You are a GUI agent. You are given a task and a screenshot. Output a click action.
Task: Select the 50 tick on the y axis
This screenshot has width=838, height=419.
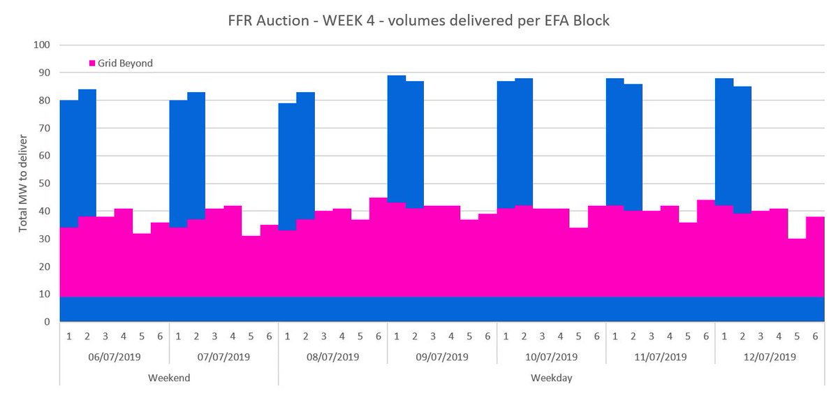45,184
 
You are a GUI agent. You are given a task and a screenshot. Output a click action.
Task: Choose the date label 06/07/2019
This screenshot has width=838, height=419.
114,357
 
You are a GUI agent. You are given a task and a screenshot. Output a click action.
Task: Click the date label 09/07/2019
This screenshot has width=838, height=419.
441,357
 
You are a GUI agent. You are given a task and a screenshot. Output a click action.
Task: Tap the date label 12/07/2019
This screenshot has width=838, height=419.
769,357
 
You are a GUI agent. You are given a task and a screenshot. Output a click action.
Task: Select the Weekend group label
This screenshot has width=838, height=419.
168,378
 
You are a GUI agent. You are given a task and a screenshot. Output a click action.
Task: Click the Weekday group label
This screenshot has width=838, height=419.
551,378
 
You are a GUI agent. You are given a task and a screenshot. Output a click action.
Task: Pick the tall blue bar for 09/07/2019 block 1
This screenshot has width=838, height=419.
397,140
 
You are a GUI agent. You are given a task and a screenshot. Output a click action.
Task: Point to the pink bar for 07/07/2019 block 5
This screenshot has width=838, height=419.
251,266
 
